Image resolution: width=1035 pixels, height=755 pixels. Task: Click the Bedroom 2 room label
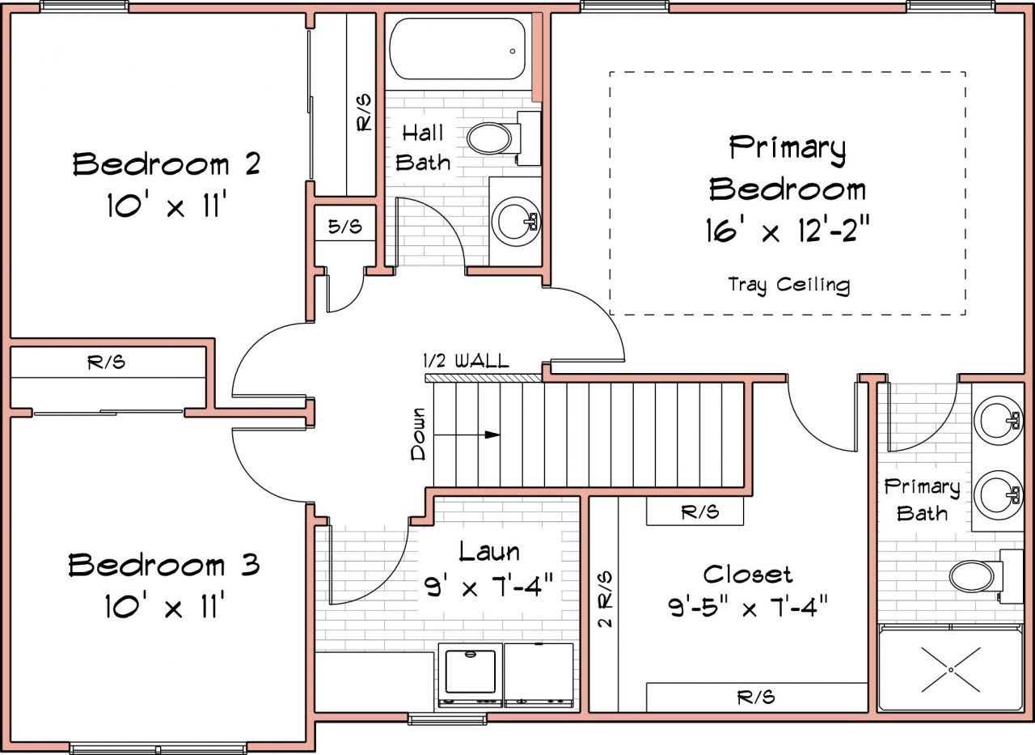click(167, 163)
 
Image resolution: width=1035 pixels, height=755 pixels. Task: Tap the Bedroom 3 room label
click(164, 565)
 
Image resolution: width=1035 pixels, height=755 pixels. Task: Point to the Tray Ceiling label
click(788, 285)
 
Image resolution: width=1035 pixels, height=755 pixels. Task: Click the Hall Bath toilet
click(504, 138)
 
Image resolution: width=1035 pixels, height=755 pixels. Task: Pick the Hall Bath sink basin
click(515, 221)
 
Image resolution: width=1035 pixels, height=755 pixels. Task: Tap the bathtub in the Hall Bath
click(458, 49)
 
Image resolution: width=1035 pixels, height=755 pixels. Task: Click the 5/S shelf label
click(345, 226)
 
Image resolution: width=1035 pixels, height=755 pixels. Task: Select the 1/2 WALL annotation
click(466, 361)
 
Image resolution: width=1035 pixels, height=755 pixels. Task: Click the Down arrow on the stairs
click(467, 435)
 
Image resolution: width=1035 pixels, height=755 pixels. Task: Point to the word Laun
click(489, 552)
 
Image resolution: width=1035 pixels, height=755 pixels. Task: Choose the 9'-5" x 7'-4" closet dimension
click(748, 607)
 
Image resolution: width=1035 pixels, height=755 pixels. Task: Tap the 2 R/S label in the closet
click(605, 599)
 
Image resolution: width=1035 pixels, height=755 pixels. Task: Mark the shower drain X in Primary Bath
click(950, 669)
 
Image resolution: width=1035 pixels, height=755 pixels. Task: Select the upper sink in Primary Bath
click(998, 420)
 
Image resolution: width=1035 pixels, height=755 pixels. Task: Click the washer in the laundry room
click(471, 675)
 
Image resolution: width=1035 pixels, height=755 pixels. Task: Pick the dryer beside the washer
click(539, 675)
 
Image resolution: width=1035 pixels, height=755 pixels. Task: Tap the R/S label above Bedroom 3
click(106, 362)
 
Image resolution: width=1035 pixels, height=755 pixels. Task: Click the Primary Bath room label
click(923, 500)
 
